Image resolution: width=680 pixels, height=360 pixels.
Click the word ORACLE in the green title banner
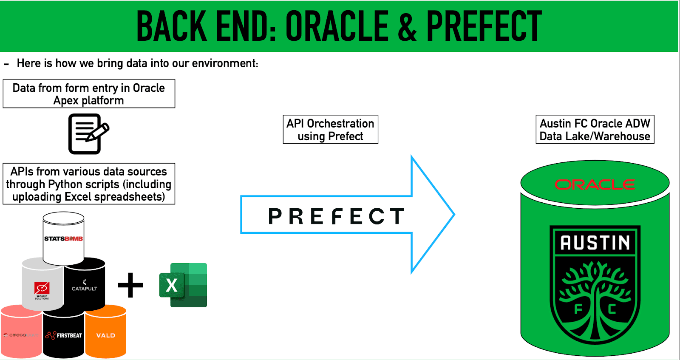(337, 26)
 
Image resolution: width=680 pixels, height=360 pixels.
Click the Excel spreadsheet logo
(183, 285)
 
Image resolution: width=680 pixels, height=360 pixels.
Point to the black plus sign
(130, 285)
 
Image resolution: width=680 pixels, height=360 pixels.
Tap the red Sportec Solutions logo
(42, 288)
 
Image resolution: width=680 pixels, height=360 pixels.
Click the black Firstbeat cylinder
(64, 335)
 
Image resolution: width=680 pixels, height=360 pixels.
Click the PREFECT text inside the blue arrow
(337, 216)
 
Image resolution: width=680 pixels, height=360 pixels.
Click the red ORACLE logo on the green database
(595, 184)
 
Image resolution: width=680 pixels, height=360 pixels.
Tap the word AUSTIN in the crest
(595, 243)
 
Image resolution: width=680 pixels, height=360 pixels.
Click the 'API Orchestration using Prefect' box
(330, 130)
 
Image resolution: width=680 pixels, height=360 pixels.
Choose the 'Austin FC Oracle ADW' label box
(595, 130)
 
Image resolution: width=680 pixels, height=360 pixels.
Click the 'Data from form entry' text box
(89, 94)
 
